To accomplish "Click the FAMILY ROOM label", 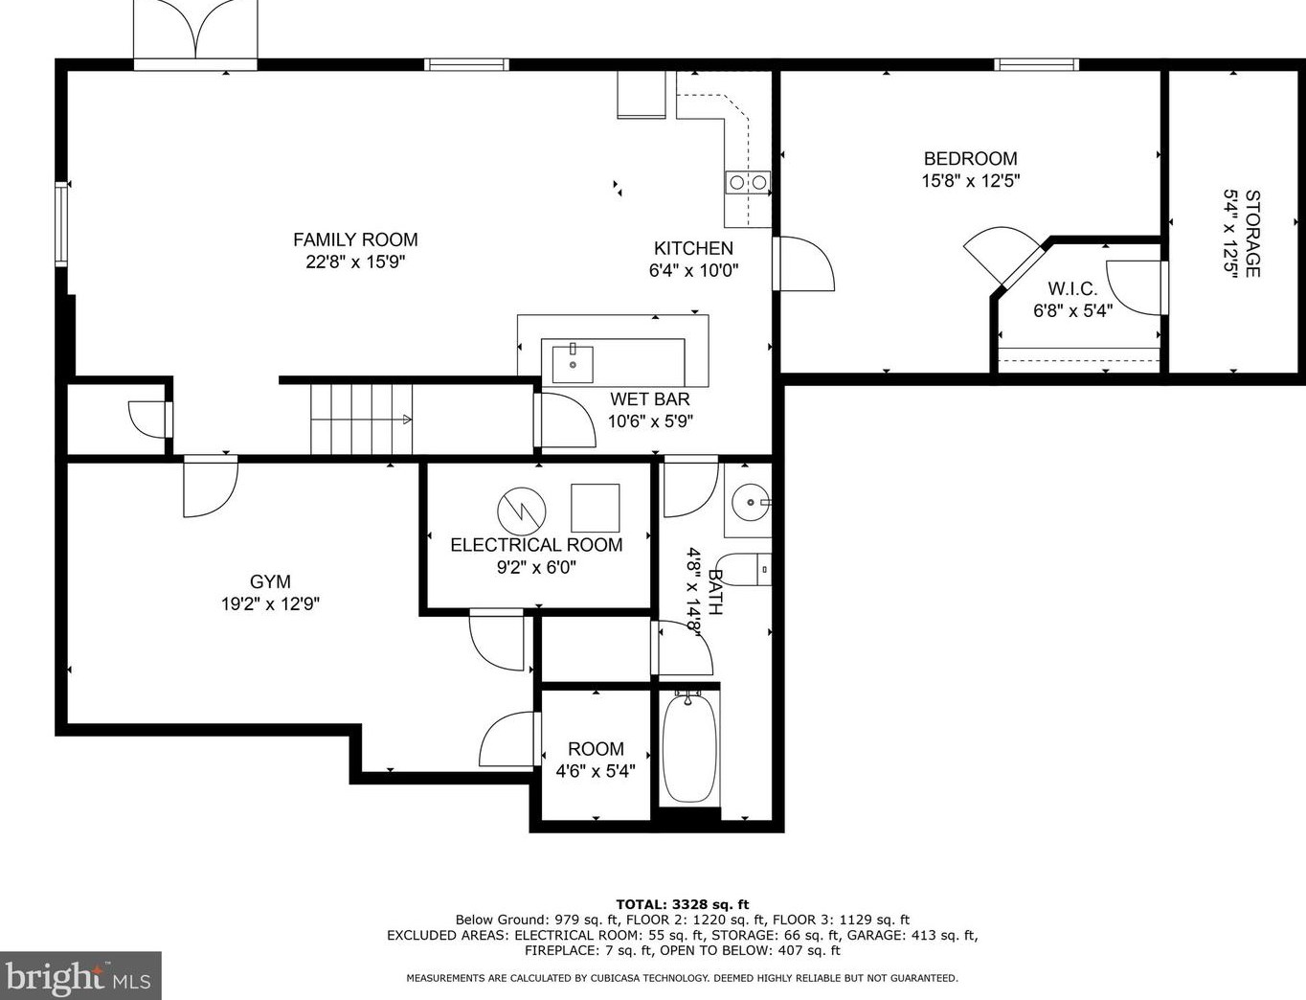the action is point(355,239).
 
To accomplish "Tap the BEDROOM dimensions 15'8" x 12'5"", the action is point(971,180).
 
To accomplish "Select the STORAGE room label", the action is point(1251,234).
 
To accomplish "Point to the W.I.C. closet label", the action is point(1072,288).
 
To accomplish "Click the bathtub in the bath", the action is point(689,748).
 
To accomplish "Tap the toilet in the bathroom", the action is point(744,570).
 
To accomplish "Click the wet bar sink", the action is point(573,363).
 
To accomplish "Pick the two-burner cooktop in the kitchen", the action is point(748,182).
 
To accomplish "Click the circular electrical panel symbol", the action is point(522,511).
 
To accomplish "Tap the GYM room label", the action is point(270,581).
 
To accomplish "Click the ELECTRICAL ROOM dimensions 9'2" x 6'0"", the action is point(537,567).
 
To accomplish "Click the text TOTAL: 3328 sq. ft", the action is point(683,905).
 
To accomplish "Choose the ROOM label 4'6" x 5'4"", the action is point(596,760).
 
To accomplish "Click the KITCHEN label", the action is point(693,248).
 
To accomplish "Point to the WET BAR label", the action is point(650,398).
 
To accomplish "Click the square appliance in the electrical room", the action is point(595,508).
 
